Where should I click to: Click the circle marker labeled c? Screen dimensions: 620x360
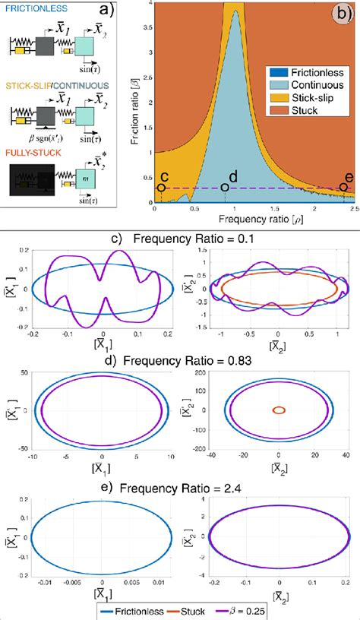click(162, 188)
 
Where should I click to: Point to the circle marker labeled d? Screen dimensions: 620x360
click(225, 188)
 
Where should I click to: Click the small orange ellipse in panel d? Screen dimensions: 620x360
click(279, 410)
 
